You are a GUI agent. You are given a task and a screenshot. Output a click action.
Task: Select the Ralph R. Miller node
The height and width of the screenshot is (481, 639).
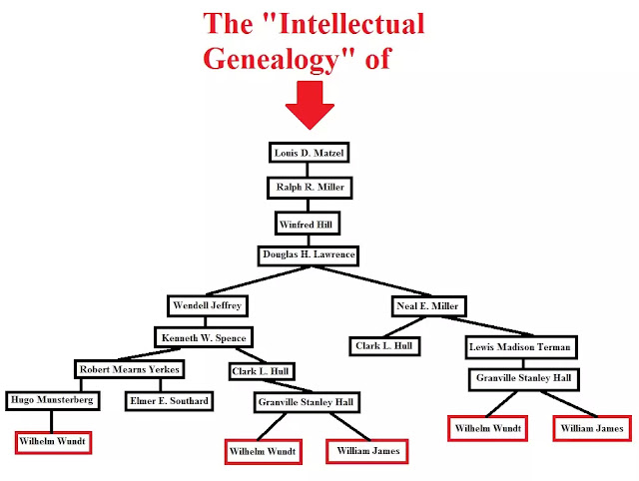[309, 188]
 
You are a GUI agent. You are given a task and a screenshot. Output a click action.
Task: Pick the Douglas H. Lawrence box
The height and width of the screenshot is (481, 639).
[309, 254]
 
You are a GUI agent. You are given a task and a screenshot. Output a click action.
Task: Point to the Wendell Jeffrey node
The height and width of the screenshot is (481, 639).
[208, 303]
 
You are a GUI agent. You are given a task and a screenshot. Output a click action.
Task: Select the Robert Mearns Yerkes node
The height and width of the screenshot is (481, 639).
[130, 369]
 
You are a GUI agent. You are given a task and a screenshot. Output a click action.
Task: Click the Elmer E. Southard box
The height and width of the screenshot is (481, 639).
[167, 401]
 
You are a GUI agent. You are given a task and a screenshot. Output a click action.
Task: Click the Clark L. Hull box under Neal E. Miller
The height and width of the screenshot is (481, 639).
[385, 347]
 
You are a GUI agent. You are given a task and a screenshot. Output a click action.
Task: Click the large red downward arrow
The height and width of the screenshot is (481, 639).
[310, 104]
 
